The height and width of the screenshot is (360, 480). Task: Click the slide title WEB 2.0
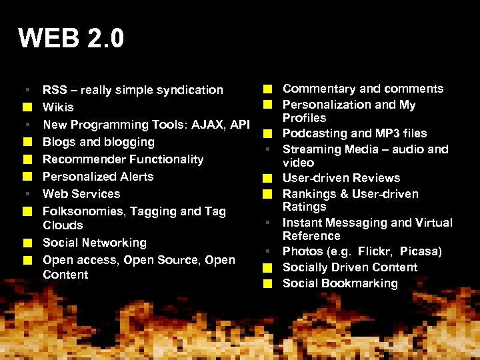71,39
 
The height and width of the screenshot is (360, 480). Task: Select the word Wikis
58,107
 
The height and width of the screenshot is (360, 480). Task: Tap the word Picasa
421,251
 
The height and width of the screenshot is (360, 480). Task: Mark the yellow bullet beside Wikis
26,107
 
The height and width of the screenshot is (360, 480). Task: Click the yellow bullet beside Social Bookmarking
267,283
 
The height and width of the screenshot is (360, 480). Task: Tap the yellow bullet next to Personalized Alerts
26,177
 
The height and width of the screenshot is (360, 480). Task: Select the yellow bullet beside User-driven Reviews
267,179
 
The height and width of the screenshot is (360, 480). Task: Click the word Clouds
63,225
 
